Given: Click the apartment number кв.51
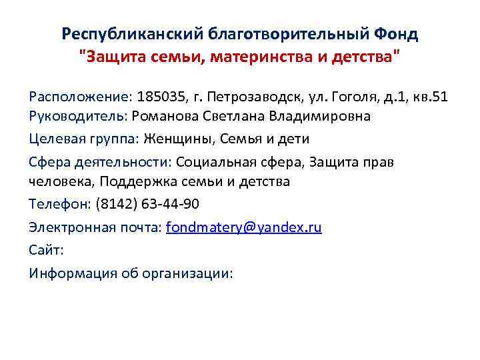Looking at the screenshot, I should click(429, 97).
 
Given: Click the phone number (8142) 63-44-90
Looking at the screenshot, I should click(147, 204).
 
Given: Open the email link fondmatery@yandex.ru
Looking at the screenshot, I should click(243, 227).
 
